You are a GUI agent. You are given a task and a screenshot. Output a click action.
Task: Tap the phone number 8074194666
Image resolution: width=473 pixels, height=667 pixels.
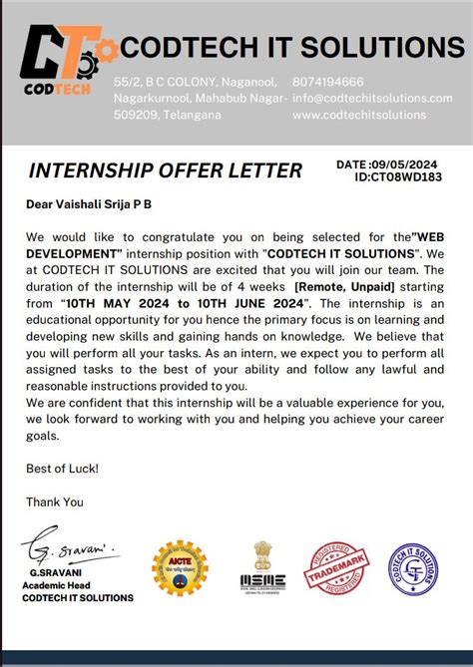(327, 82)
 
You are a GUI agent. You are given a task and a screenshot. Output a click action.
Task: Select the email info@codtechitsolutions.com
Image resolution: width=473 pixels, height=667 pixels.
(372, 98)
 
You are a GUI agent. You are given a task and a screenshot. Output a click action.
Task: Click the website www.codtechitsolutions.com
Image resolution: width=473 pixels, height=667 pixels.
(360, 115)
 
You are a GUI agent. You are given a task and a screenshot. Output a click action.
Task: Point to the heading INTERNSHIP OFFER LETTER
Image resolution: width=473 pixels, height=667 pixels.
(165, 170)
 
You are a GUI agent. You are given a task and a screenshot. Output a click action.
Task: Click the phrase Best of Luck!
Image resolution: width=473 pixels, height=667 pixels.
(62, 468)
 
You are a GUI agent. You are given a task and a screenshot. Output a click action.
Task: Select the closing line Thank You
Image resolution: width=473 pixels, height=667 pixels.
(55, 501)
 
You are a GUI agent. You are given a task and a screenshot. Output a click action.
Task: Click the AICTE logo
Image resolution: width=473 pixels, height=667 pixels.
(180, 569)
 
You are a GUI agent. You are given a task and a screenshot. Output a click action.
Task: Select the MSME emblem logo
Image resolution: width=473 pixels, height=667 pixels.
(262, 568)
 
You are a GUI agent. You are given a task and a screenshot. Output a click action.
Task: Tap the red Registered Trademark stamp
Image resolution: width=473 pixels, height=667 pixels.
(338, 569)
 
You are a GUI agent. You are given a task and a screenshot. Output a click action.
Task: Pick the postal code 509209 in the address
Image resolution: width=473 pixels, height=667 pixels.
(135, 115)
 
